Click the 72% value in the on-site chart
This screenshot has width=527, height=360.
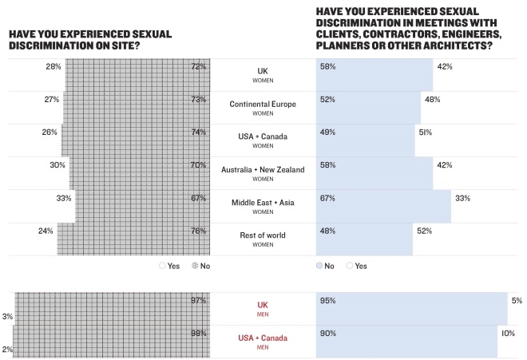coord(199,67)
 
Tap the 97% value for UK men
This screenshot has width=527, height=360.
coord(199,300)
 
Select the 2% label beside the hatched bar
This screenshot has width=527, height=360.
coord(6,350)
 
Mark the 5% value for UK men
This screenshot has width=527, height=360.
coord(516,301)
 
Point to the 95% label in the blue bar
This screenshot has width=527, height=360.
coord(327,301)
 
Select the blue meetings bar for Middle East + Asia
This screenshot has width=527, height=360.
coord(383,206)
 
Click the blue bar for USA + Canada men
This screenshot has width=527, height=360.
coord(407,341)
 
